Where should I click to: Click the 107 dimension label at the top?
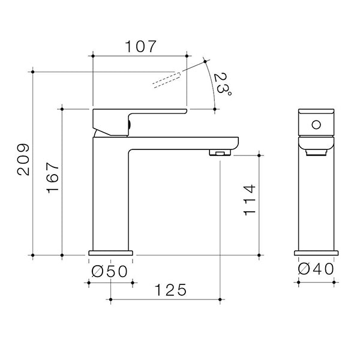(x=140, y=46)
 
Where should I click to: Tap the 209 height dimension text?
(x=23, y=160)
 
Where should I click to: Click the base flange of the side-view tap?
(x=110, y=253)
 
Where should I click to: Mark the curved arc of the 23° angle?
(x=212, y=84)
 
